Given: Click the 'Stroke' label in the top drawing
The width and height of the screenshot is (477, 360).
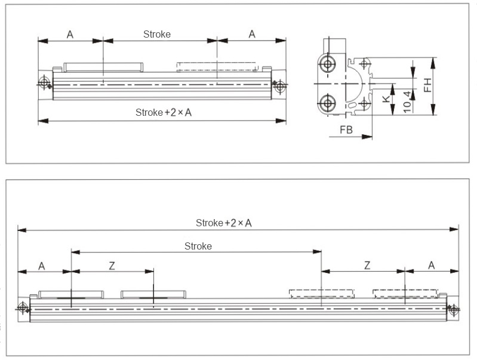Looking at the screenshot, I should (157, 34).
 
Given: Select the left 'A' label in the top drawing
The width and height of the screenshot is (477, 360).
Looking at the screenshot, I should (70, 34).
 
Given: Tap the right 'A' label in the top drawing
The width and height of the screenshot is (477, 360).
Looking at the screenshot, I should (252, 34).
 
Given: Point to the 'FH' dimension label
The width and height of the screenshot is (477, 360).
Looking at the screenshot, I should (427, 86).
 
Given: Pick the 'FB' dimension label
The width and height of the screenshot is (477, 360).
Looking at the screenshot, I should (345, 129).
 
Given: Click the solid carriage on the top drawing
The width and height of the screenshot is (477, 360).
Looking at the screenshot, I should (103, 66).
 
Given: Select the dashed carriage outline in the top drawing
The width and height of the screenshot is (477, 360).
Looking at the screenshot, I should (218, 66).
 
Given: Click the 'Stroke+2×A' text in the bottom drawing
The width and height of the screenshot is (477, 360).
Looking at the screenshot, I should (224, 223).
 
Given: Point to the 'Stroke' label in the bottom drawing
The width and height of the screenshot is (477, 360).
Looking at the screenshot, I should (198, 246).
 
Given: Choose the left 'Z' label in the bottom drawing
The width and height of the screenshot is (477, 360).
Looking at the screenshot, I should (111, 265).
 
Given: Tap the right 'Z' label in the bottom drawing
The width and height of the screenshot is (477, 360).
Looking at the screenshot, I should (367, 264).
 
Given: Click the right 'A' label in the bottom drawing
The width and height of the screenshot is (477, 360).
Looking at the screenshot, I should (431, 264).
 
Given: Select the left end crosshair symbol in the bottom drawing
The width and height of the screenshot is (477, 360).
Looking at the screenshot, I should (23, 307).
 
